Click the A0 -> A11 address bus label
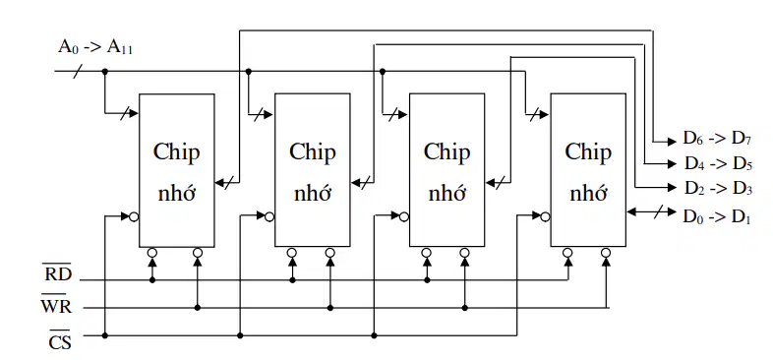[95, 47]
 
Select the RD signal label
[58, 273]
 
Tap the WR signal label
[56, 306]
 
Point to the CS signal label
[60, 340]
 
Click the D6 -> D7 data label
[717, 139]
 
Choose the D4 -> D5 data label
[718, 163]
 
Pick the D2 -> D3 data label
[718, 188]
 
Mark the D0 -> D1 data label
[717, 216]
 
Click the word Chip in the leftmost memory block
[176, 152]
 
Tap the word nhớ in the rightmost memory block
[588, 193]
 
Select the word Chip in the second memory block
[313, 152]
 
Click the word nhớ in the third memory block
[447, 193]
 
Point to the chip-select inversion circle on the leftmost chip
[134, 216]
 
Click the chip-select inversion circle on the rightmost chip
[545, 216]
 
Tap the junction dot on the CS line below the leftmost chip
[105, 335]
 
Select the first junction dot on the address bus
[105, 72]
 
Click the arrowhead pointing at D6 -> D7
[672, 142]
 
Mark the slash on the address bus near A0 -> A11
[78, 72]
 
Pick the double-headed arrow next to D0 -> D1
[651, 212]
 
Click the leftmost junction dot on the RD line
[152, 280]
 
